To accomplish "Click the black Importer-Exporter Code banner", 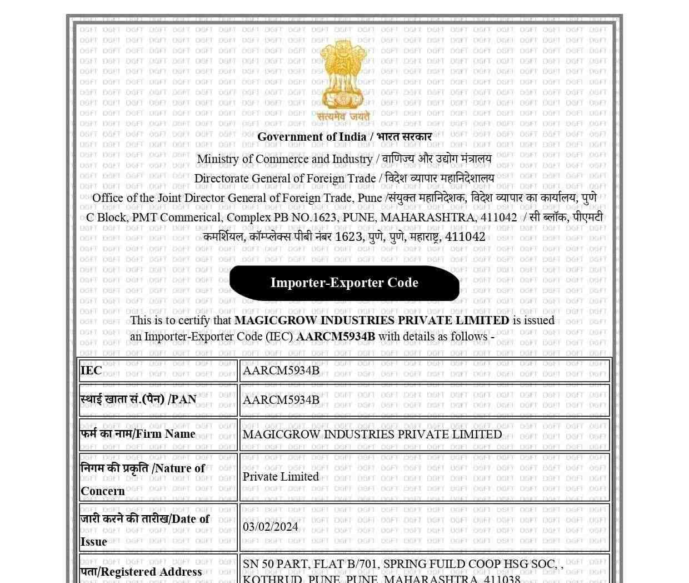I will (344, 283).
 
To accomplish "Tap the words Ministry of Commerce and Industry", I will (284, 159).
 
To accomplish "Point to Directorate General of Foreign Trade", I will (285, 179).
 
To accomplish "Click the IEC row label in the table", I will (91, 370).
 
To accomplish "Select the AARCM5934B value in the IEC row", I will (281, 370).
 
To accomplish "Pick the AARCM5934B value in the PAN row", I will (281, 400).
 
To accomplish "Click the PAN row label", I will (138, 399).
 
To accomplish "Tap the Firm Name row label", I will (138, 434).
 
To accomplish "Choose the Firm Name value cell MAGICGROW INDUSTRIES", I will (372, 434).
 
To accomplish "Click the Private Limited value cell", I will (281, 477).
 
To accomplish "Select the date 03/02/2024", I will (270, 527).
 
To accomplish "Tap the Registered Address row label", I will (141, 572).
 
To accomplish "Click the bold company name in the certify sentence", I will (372, 320).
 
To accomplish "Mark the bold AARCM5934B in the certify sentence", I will (336, 337).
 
